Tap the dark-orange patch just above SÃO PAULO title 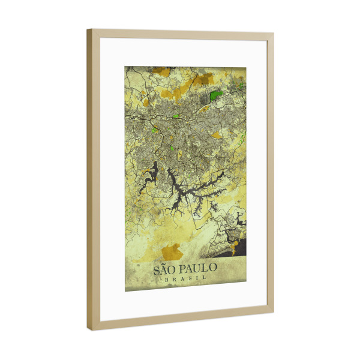tap(173, 250)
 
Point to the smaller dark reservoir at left tap(149, 175)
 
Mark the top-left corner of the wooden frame tap(88, 30)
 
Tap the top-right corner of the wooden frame tap(273, 34)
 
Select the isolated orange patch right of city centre tap(216, 135)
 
